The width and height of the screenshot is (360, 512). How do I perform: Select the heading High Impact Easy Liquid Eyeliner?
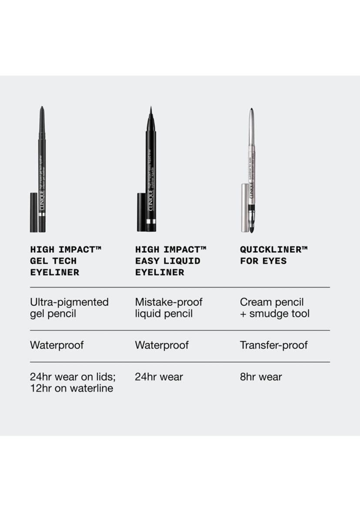[170, 261]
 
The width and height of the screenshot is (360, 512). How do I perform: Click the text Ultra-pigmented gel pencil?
[69, 308]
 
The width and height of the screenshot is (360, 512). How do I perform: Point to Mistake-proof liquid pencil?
[169, 308]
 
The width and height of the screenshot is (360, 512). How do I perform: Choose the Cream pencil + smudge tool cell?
[274, 308]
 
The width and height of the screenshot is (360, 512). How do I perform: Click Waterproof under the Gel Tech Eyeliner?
[57, 345]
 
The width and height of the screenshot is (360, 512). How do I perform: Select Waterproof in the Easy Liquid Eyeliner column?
[162, 345]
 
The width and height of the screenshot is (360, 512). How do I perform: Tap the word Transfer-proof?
[273, 345]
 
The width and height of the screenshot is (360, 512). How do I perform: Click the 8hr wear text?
[261, 377]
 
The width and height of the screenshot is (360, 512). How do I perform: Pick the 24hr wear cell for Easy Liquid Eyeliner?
[159, 377]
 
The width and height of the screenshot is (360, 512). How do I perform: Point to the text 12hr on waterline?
[71, 388]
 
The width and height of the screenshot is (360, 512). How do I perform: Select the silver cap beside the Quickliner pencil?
[244, 207]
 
